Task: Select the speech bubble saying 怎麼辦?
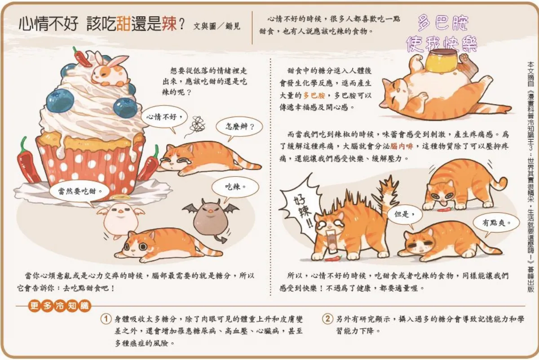click(x=238, y=127)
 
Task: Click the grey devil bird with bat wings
click(x=210, y=219)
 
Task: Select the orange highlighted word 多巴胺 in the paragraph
click(x=314, y=95)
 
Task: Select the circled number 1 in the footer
click(x=106, y=319)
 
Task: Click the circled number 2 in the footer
click(x=327, y=319)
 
